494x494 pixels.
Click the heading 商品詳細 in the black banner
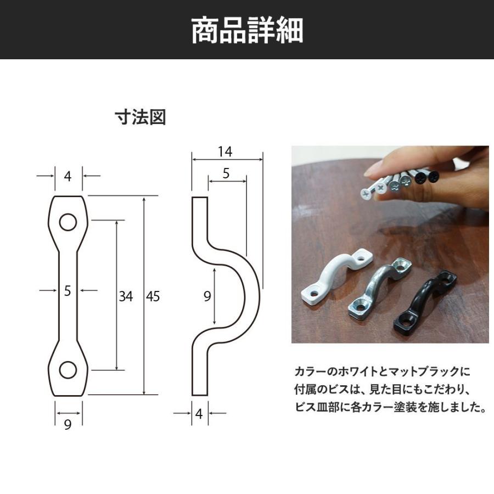247,30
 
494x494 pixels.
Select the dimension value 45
153,296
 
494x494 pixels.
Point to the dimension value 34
126,296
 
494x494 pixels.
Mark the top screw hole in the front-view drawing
68,222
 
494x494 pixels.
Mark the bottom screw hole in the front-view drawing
68,370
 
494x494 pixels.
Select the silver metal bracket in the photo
379,288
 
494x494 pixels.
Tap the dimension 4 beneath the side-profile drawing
199,414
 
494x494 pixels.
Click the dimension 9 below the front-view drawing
68,425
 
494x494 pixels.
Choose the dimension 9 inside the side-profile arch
207,296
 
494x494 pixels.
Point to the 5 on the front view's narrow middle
68,291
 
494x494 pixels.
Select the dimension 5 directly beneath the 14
226,174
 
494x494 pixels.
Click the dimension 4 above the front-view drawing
68,176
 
